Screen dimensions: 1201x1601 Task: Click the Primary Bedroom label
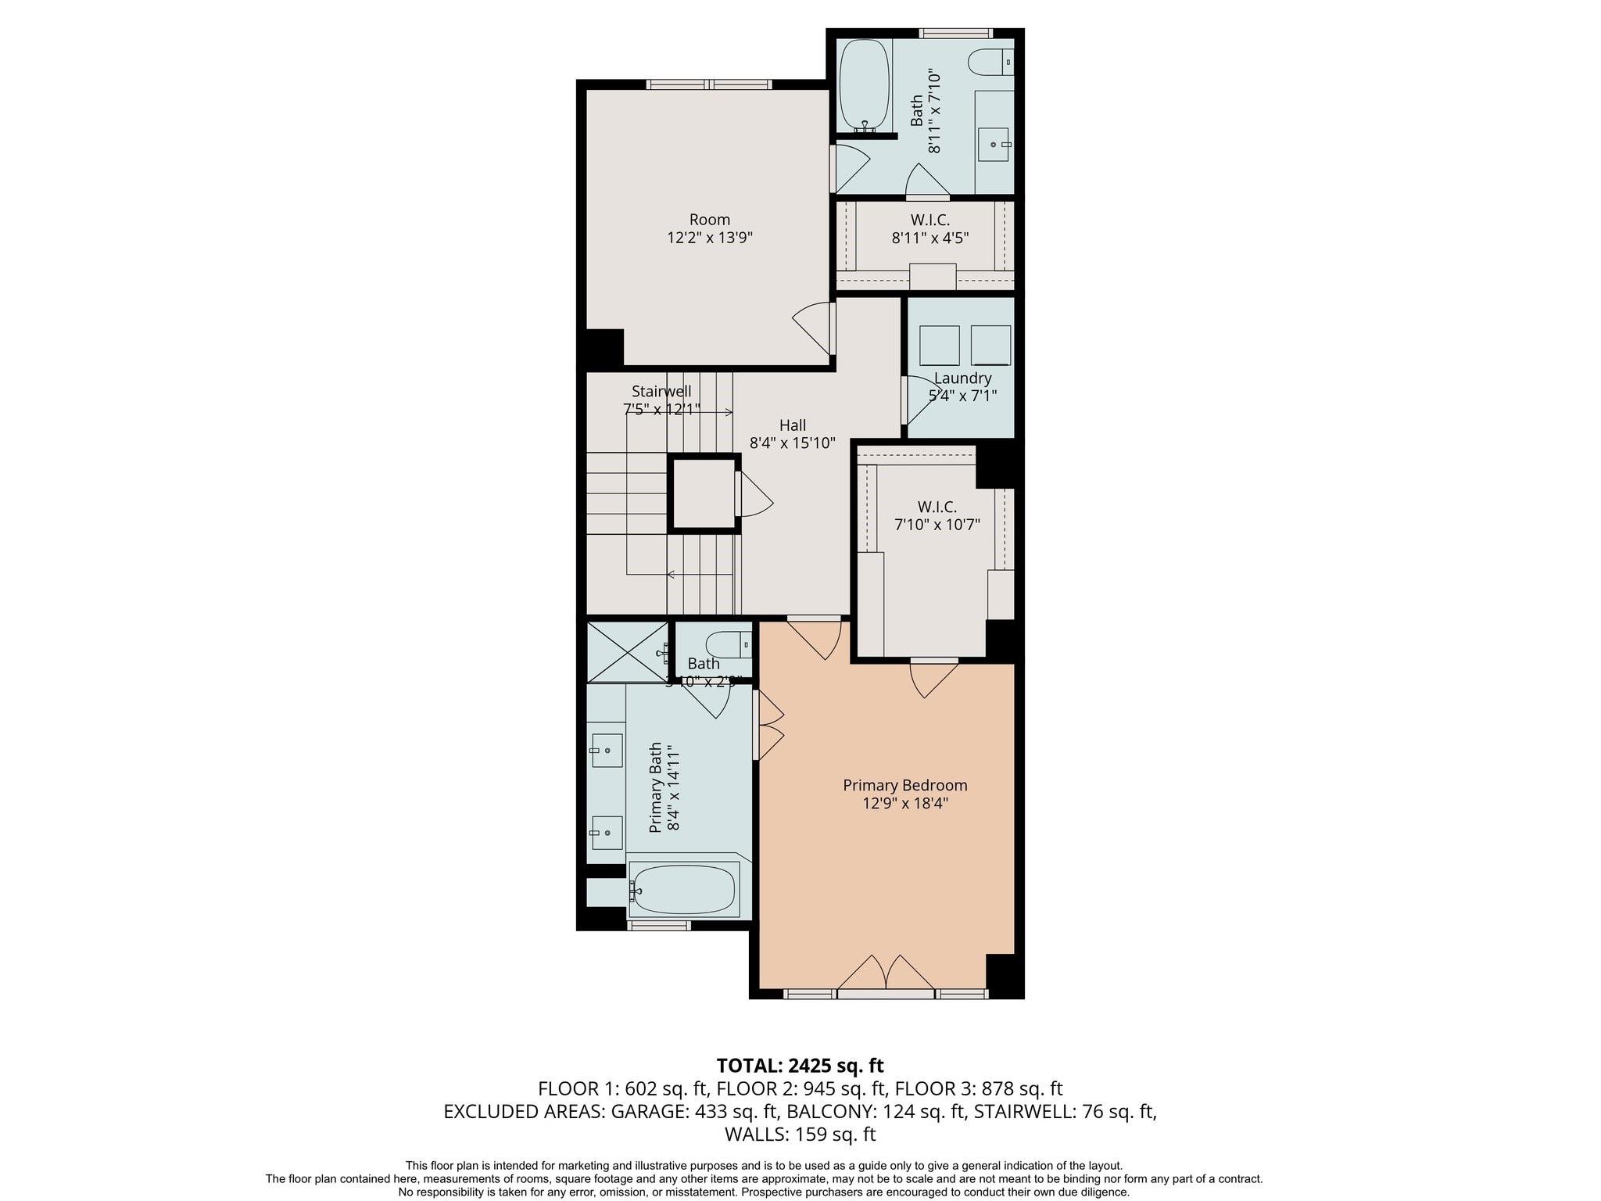click(x=904, y=785)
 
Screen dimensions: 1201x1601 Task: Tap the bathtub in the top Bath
click(x=864, y=86)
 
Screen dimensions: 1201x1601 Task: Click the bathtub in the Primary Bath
click(x=683, y=890)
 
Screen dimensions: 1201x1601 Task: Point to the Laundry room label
click(x=962, y=378)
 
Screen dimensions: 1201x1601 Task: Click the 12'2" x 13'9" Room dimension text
click(x=709, y=238)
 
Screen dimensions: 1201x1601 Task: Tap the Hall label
click(x=792, y=425)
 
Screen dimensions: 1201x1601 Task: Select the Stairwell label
click(x=661, y=391)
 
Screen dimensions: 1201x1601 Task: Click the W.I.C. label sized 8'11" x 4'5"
click(x=929, y=220)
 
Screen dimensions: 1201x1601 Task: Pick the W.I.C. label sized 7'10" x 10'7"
click(x=937, y=507)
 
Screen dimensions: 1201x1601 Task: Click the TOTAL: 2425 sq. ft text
click(x=800, y=1065)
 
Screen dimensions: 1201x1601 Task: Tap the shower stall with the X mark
click(x=627, y=651)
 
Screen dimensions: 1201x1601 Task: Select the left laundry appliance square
click(x=939, y=346)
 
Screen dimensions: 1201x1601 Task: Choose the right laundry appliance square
click(x=990, y=346)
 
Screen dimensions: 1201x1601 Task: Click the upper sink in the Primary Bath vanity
click(x=606, y=751)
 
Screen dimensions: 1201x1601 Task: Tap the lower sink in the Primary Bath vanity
click(x=606, y=834)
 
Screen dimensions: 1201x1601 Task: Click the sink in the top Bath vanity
click(x=994, y=145)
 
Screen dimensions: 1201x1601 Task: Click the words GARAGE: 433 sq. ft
click(x=694, y=1111)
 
